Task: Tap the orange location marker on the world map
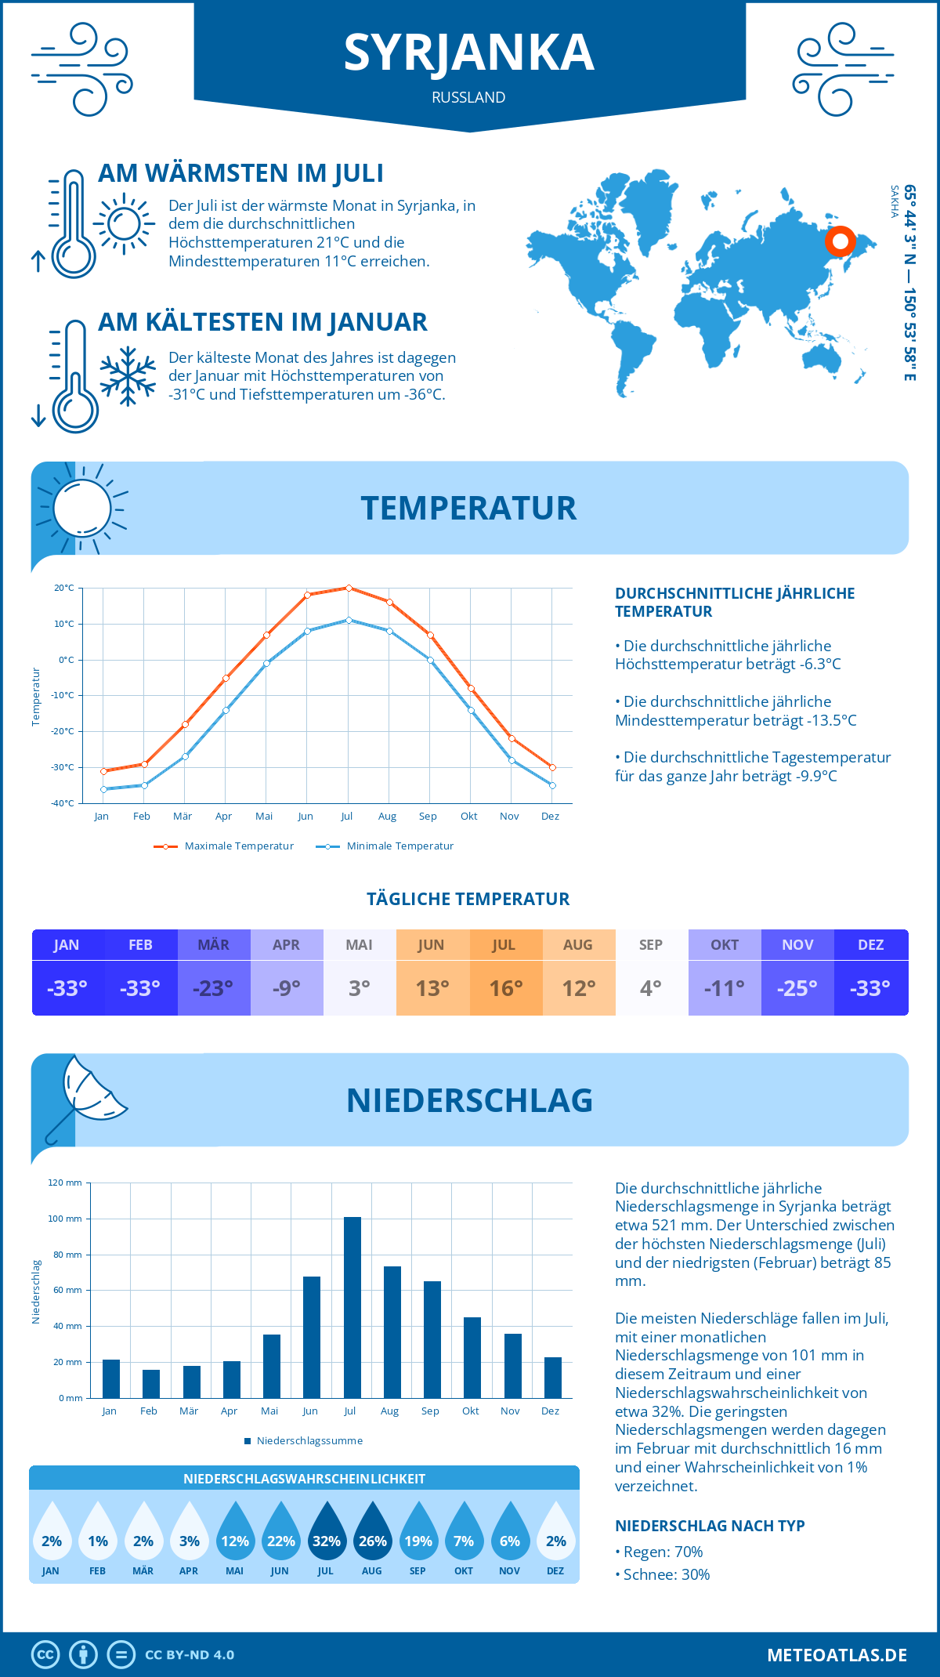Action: point(841,241)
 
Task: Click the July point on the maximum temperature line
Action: point(349,588)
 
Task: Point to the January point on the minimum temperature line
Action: point(103,789)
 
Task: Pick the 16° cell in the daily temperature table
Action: point(505,988)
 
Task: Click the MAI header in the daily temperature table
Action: point(360,945)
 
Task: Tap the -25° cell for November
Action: point(797,988)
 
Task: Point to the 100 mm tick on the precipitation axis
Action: point(65,1219)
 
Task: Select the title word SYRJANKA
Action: point(469,53)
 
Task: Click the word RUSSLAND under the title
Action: point(468,97)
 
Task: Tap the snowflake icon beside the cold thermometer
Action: point(128,376)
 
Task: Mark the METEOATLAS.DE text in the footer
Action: point(837,1655)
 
